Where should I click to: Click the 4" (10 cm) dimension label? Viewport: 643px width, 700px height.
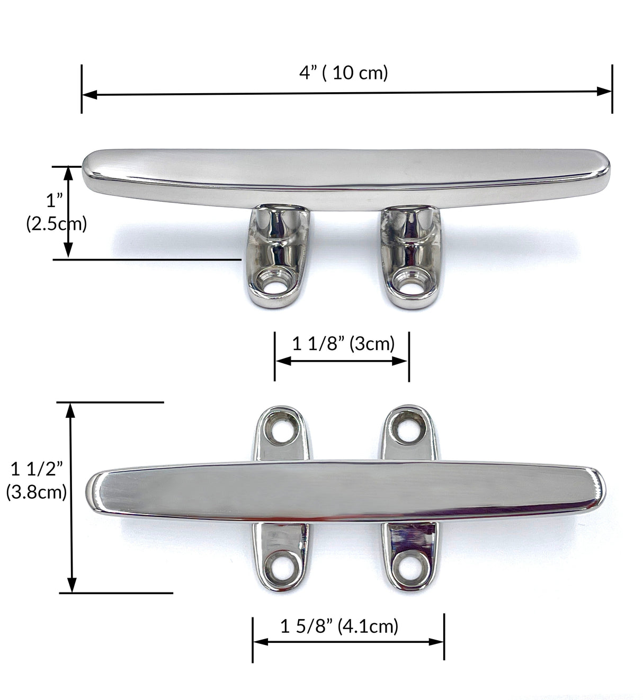(x=344, y=73)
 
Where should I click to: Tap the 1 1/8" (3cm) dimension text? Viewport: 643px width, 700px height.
(x=344, y=344)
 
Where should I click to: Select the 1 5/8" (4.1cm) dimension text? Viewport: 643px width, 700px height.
(x=339, y=626)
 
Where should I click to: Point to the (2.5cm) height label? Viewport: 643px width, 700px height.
(x=56, y=224)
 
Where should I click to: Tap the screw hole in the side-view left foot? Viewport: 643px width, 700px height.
(x=274, y=284)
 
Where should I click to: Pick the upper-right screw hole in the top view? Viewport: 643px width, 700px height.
(x=408, y=428)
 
